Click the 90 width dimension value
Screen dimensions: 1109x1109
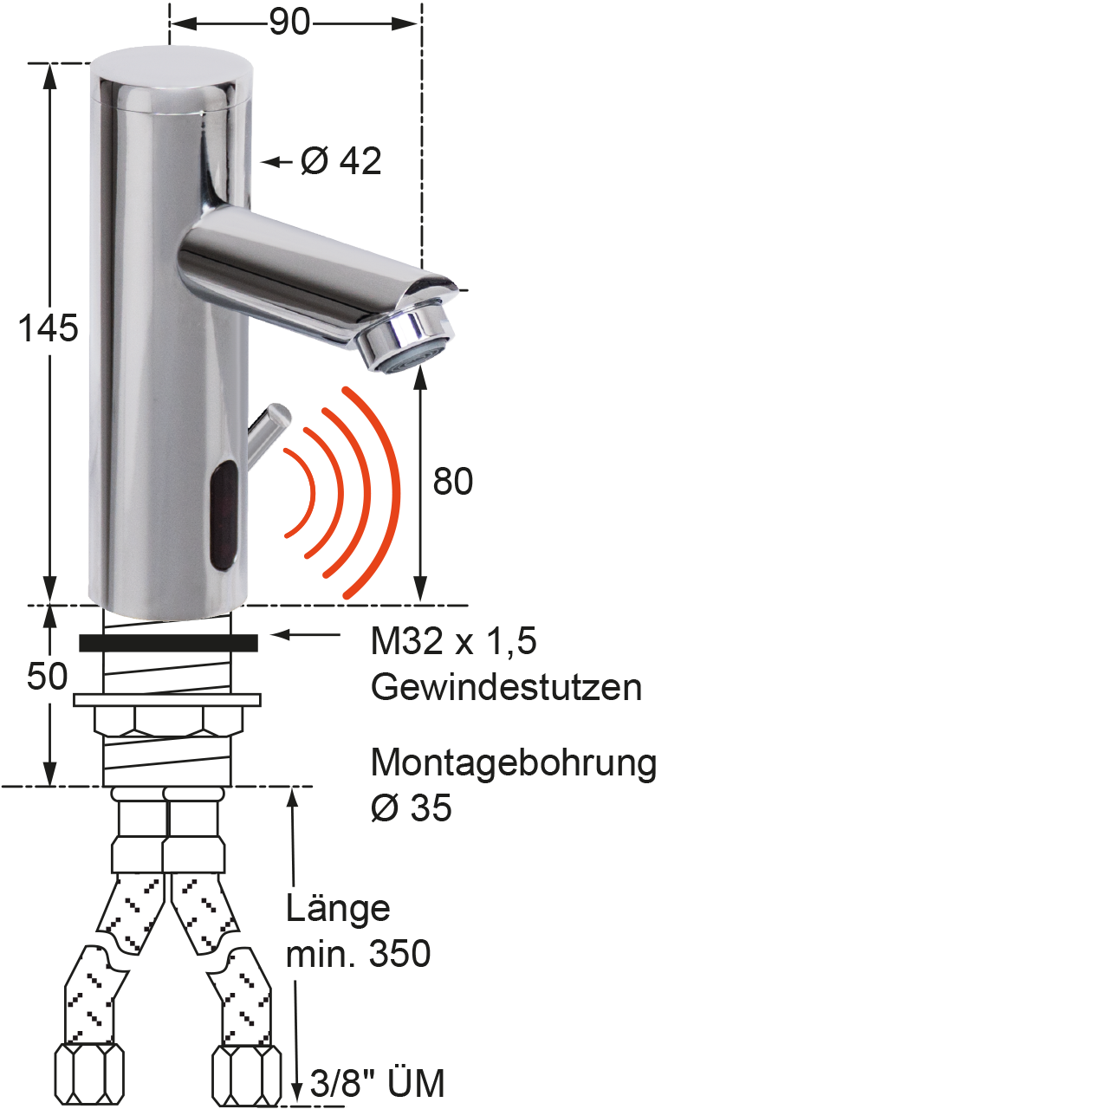(289, 23)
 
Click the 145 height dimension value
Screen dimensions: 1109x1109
(48, 328)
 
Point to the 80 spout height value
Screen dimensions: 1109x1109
(452, 481)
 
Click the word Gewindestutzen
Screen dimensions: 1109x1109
(506, 686)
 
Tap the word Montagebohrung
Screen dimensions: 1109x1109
(514, 763)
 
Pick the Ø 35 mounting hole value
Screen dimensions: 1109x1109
(412, 807)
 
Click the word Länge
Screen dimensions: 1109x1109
(339, 908)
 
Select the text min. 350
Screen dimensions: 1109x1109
(358, 954)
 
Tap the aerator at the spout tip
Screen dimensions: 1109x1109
(405, 343)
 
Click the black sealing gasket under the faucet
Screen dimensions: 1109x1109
(168, 643)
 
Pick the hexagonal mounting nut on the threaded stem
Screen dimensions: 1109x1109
(167, 721)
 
